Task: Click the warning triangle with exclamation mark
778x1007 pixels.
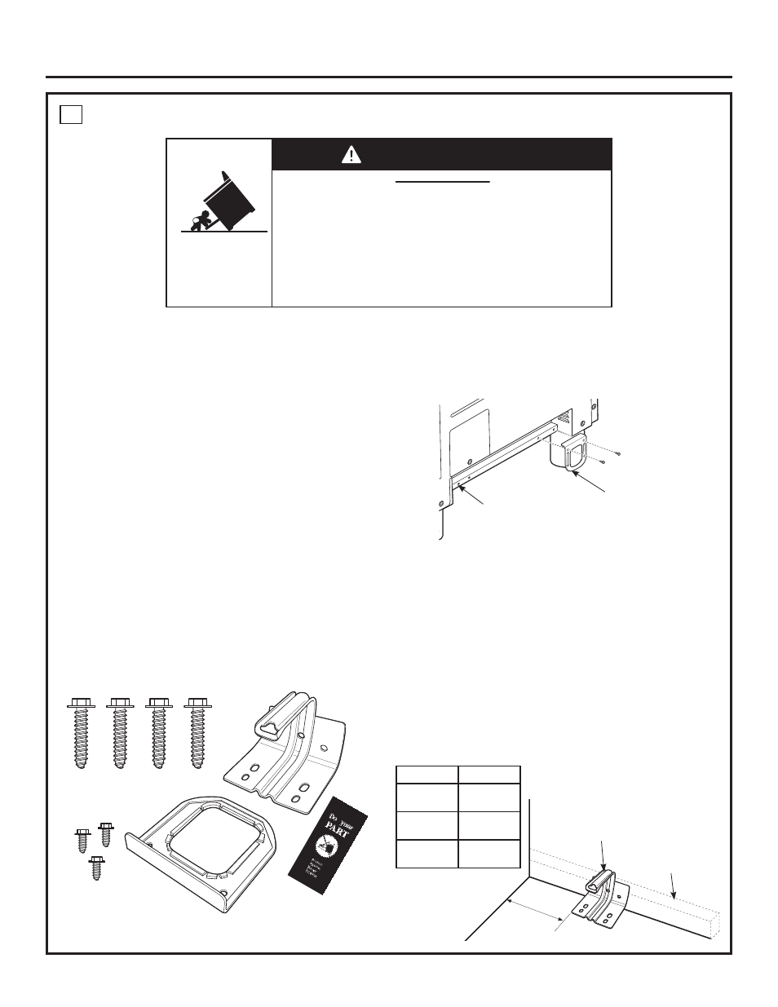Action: click(351, 154)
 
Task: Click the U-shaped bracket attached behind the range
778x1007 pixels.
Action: click(573, 453)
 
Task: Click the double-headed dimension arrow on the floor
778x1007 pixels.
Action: click(537, 912)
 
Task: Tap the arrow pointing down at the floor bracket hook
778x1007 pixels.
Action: click(602, 856)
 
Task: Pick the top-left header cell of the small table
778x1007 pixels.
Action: click(427, 775)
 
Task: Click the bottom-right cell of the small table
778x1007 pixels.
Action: click(489, 853)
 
